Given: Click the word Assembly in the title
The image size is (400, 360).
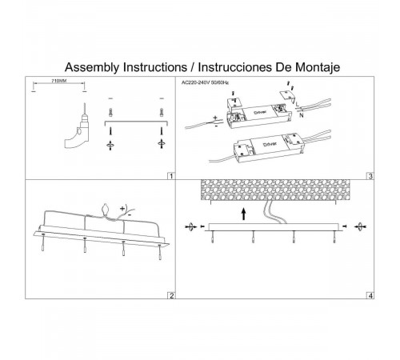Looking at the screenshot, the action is pos(92,67).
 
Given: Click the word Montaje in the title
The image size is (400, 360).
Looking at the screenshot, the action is pos(318,67).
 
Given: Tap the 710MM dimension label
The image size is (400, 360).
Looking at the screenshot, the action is pos(58,81).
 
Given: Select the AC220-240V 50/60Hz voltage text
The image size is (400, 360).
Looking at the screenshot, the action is pos(205,82).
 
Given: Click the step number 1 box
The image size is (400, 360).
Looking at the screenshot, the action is pos(171,176).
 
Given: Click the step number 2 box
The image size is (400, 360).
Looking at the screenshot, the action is pos(171,295).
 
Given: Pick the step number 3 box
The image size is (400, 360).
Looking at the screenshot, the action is pos(370,176).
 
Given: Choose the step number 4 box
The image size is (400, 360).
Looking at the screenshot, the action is pos(370,295).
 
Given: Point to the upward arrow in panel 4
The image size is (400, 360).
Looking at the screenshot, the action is pos(243,214).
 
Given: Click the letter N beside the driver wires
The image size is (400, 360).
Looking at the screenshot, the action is pos(302,115).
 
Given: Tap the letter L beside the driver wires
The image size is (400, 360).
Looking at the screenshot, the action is pos(298,105).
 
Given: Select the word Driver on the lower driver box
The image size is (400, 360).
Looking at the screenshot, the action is pos(270,144).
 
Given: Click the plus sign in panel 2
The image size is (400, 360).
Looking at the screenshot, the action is pos(122,208).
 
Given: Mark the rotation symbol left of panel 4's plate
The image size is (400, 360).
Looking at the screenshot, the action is pos(190,227).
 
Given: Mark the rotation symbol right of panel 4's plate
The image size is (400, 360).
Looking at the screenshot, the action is pos(360,227).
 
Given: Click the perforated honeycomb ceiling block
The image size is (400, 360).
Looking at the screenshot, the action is pos(275,190).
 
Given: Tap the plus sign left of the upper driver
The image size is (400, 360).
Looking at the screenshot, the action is pos(215,118).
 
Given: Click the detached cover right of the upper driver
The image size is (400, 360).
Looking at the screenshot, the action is pos(286,96).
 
